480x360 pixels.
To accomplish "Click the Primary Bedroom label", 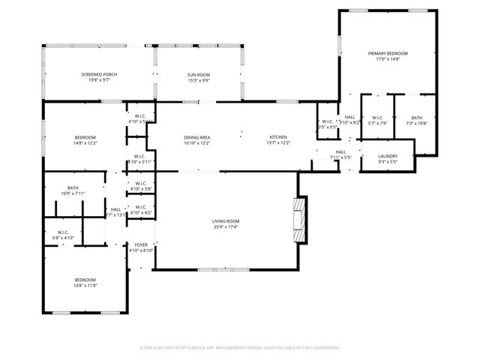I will pyautogui.click(x=388, y=54).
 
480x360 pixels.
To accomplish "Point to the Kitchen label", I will pyautogui.click(x=278, y=137).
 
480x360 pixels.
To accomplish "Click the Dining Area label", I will pyautogui.click(x=197, y=137).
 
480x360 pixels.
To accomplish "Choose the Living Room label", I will pyautogui.click(x=225, y=220).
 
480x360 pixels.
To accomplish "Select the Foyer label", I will pyautogui.click(x=140, y=245).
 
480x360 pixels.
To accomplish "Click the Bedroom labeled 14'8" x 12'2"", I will pyautogui.click(x=85, y=137).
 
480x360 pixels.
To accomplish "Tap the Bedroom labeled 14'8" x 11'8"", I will pyautogui.click(x=85, y=280).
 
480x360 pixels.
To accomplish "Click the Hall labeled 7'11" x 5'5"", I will pyautogui.click(x=341, y=154).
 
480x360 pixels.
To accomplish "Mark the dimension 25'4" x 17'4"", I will pyautogui.click(x=225, y=226).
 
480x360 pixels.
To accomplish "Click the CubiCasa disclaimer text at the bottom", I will pyautogui.click(x=240, y=348).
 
